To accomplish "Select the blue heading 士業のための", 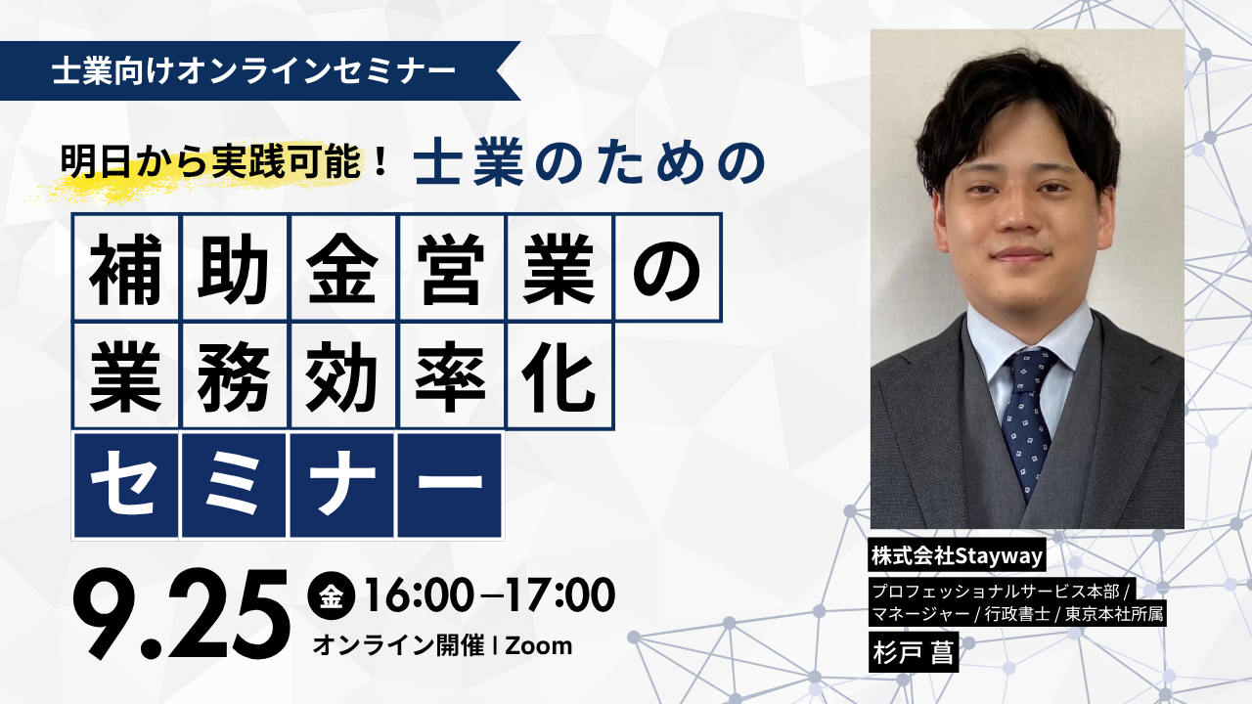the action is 590,162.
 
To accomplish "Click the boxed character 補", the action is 125,268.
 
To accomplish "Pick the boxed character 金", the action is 342,268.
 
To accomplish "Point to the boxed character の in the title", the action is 667,268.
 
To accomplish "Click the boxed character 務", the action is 234,376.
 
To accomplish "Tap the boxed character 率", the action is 451,376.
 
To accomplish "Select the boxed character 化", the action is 559,376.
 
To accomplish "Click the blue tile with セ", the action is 125,484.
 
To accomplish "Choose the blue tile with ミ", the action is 234,484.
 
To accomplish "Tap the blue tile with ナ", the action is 342,484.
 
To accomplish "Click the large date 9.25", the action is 182,613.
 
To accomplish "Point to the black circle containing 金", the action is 331,596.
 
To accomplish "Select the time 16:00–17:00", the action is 490,595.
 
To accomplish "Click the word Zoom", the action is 539,646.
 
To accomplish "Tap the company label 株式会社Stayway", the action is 957,555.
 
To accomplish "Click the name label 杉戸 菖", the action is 914,652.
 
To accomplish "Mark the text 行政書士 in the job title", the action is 1016,615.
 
